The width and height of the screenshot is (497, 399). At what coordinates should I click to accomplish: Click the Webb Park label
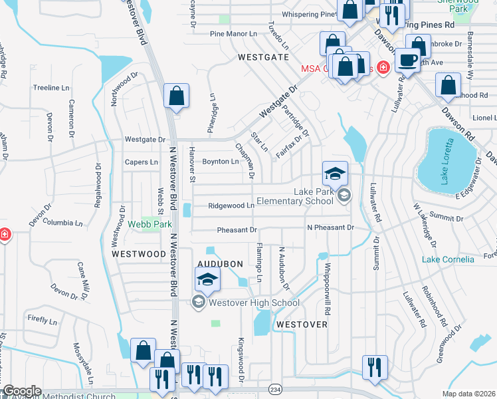pyautogui.click(x=145, y=224)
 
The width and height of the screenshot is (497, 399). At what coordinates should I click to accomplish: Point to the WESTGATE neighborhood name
pyautogui.click(x=264, y=58)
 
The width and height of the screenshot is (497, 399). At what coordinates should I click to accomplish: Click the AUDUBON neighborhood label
pyautogui.click(x=219, y=264)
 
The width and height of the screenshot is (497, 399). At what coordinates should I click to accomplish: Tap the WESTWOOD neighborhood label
pyautogui.click(x=138, y=254)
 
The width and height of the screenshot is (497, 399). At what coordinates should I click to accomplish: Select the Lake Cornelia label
pyautogui.click(x=448, y=259)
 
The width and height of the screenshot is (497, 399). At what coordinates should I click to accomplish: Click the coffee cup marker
pyautogui.click(x=407, y=60)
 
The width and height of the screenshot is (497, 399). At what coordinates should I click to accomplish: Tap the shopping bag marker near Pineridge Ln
pyautogui.click(x=176, y=96)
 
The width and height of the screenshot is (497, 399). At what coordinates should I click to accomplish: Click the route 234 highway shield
pyautogui.click(x=275, y=389)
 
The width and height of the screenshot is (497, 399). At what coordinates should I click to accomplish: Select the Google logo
pyautogui.click(x=22, y=391)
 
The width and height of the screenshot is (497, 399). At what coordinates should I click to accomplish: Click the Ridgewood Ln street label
pyautogui.click(x=232, y=206)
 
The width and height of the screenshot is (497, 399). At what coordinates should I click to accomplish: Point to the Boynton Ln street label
pyautogui.click(x=220, y=162)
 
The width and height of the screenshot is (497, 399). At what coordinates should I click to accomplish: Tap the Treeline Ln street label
pyautogui.click(x=51, y=88)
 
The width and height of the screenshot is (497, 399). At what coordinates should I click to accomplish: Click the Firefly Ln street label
pyautogui.click(x=42, y=320)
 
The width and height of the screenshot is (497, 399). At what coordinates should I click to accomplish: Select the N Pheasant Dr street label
pyautogui.click(x=330, y=227)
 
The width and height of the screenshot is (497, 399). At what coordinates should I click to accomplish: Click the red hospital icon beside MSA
pyautogui.click(x=382, y=67)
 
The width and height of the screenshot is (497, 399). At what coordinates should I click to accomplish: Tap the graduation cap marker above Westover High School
pyautogui.click(x=209, y=281)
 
